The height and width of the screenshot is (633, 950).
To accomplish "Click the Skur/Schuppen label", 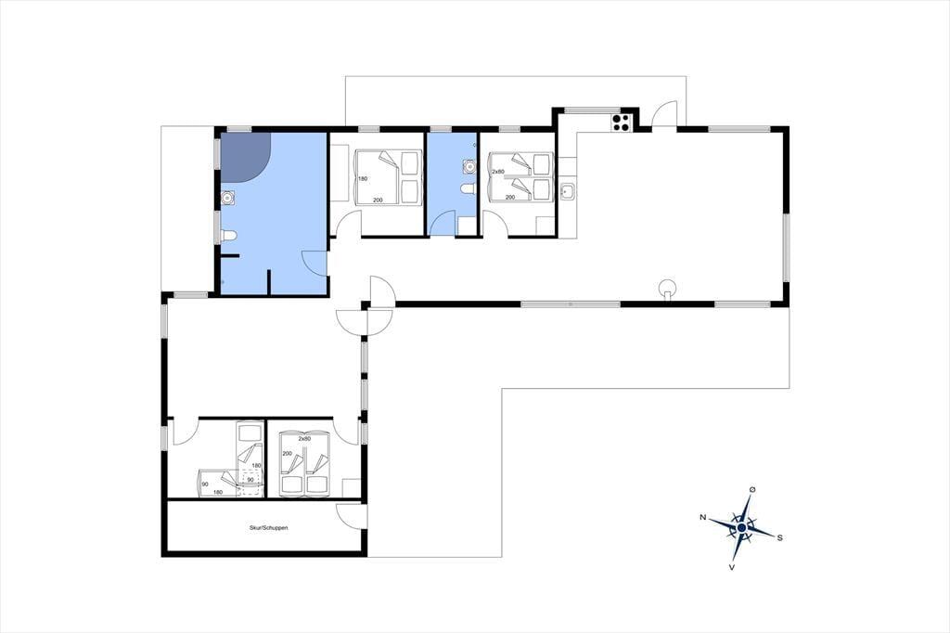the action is point(268,528).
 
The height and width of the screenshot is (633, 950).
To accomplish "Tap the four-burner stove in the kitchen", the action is point(621,123).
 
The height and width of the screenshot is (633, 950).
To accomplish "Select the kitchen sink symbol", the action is point(568,192).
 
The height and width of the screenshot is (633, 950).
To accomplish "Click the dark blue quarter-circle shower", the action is point(245,157).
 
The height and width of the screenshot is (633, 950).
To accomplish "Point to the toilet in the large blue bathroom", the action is point(228,236).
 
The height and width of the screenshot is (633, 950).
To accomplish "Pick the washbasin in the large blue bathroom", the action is point(228,198).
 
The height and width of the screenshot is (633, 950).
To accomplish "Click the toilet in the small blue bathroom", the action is point(468,189).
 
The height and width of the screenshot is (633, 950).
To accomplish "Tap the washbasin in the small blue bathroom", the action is point(469,165).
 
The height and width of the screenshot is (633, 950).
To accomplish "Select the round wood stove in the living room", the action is point(668,288).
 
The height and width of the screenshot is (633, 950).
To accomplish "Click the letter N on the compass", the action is point(703,517).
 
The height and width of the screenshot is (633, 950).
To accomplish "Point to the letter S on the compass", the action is point(779,537).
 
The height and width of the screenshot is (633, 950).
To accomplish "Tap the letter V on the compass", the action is point(732,567).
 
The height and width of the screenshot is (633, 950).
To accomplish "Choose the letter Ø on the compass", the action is point(751,489).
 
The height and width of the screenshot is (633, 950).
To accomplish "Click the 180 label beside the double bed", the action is point(363,179).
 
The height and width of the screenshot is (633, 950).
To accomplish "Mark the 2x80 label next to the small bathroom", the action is point(498,172).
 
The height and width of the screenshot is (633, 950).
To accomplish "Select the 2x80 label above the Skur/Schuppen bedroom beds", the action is point(304,438).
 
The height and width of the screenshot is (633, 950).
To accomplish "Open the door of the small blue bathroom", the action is point(442,223).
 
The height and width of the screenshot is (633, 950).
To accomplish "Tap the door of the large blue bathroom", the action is point(315,264).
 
